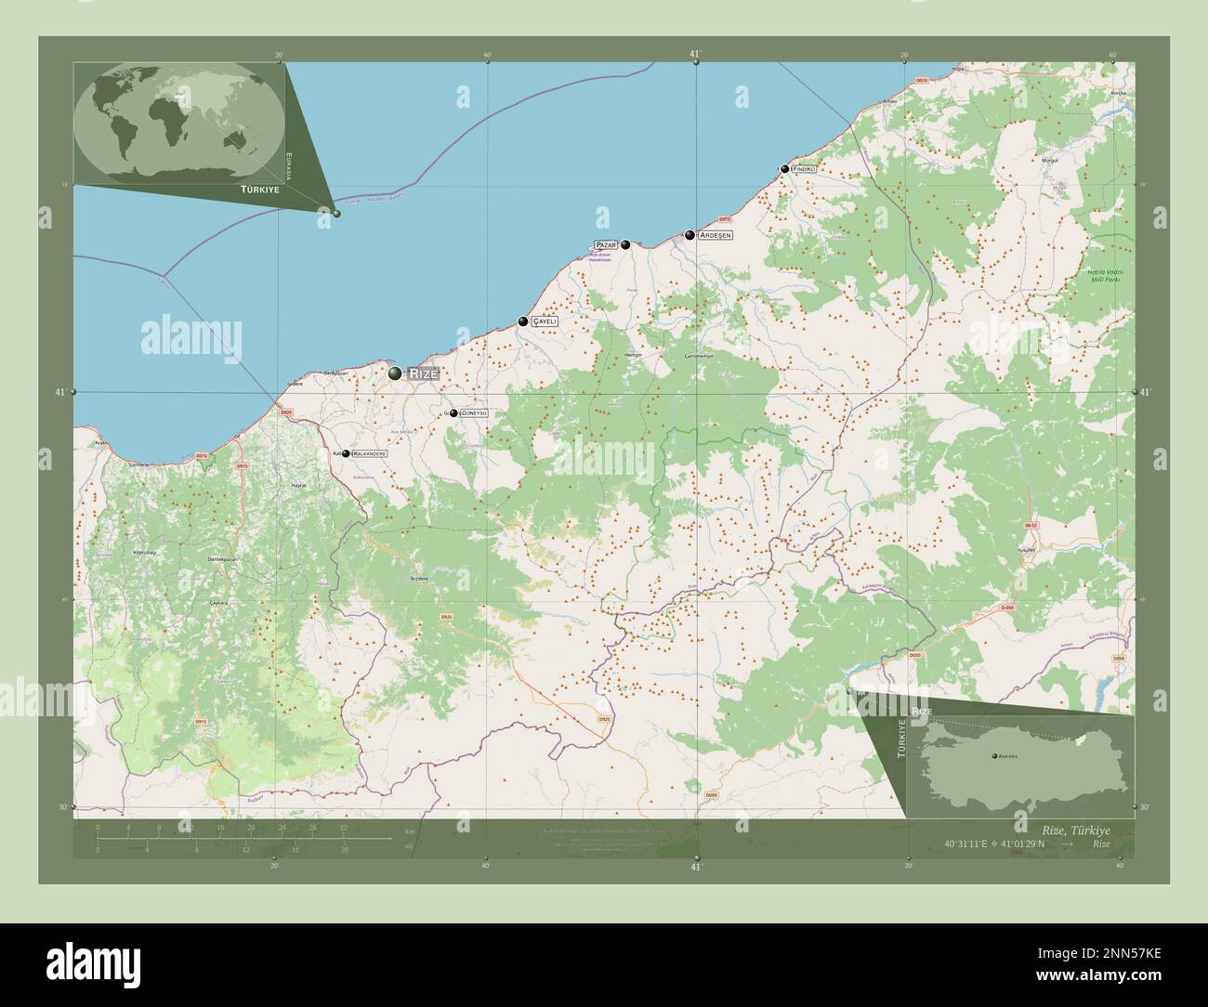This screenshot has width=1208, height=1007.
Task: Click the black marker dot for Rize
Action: coord(396,373)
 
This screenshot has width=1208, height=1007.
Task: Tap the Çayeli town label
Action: coord(545,321)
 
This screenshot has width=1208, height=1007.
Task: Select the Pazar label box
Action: coord(606,244)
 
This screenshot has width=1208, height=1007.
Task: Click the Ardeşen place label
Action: coord(716,235)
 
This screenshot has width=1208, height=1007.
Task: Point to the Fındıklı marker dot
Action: coord(785,169)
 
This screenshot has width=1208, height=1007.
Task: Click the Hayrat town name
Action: coord(299,486)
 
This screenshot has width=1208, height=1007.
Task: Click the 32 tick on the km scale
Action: coord(344,827)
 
